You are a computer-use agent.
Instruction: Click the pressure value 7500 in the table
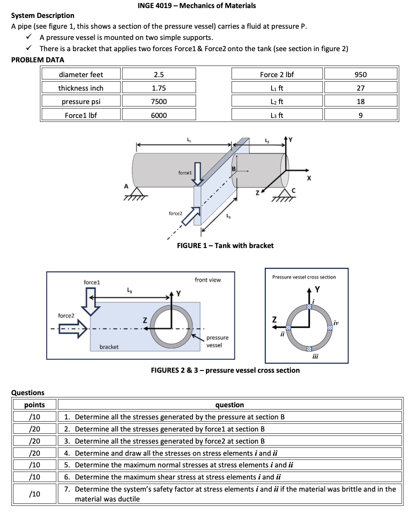click(158, 102)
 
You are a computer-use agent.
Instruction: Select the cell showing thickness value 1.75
click(158, 88)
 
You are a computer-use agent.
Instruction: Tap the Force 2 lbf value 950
click(360, 74)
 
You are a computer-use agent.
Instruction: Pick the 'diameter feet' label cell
click(81, 74)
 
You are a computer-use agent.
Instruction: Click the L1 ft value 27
click(360, 88)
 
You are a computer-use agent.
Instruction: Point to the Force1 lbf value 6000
click(158, 115)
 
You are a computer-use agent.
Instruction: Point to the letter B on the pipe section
click(233, 169)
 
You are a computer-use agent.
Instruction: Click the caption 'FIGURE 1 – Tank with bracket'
click(225, 245)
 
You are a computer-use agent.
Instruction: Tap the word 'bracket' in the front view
click(109, 347)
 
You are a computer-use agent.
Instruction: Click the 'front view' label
click(208, 280)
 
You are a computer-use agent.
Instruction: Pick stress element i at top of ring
click(309, 306)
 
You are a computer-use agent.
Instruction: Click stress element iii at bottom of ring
click(309, 349)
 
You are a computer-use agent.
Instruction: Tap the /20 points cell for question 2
click(35, 429)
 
